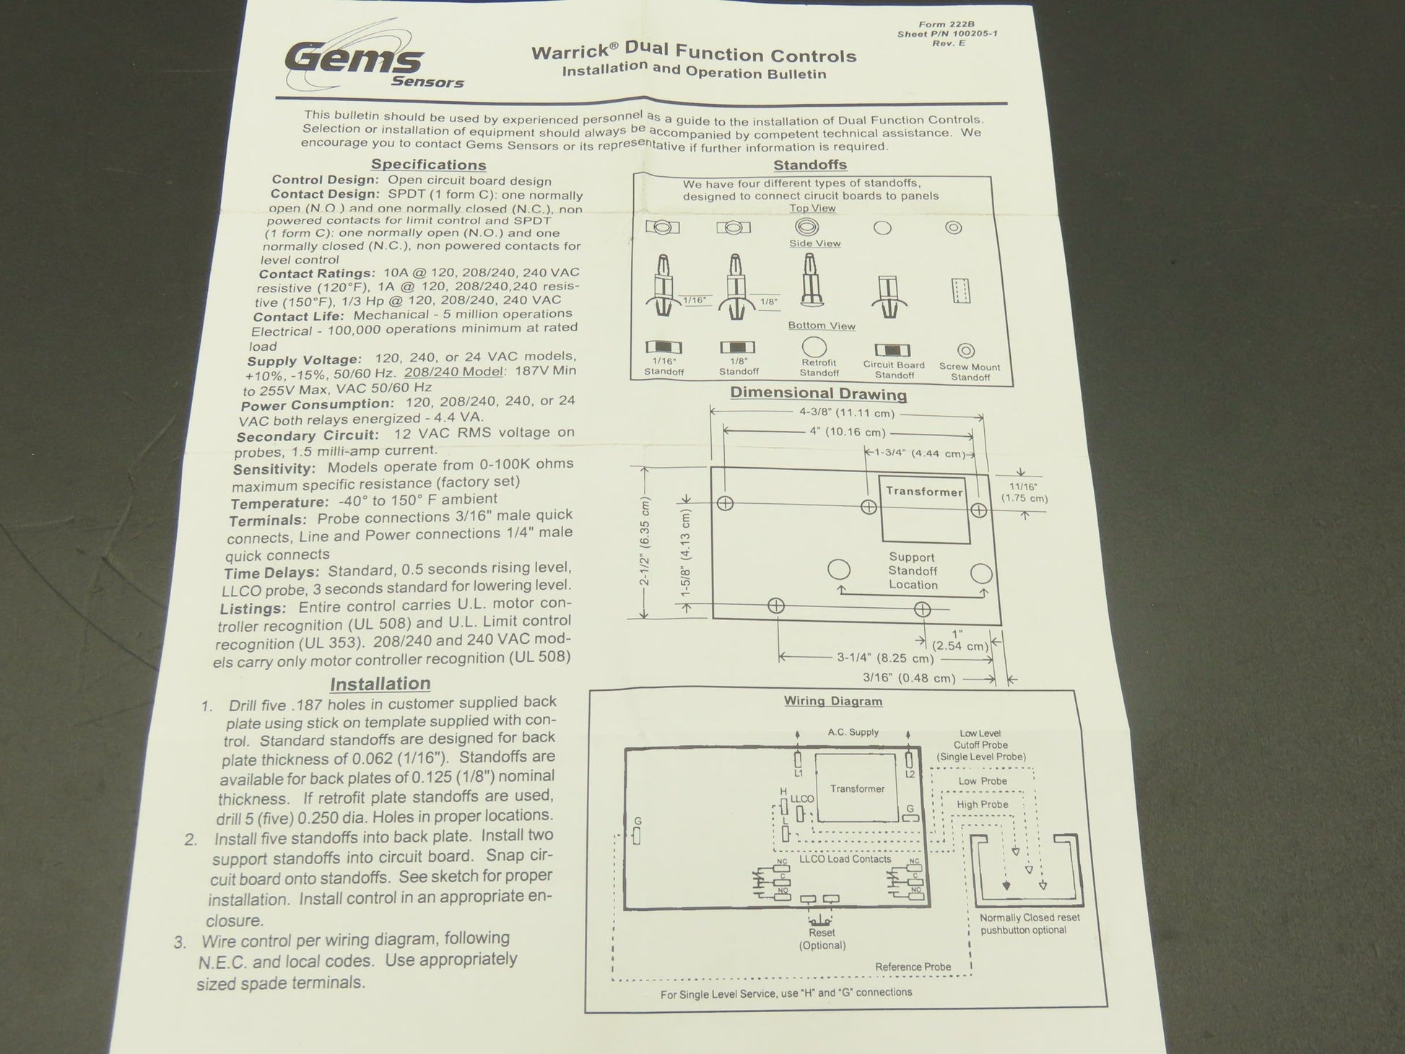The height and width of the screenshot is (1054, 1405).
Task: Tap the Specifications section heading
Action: point(429,165)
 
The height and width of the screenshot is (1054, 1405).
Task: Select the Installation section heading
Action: point(380,683)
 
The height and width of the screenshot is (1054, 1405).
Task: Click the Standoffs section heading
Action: point(810,165)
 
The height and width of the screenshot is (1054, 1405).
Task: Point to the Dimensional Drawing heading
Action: point(818,393)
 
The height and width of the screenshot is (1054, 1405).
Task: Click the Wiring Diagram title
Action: point(833,701)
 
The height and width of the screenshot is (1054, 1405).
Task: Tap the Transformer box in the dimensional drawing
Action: point(925,509)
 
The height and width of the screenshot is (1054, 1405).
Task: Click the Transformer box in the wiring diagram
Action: point(858,788)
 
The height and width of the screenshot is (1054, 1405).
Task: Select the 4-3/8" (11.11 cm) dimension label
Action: point(847,414)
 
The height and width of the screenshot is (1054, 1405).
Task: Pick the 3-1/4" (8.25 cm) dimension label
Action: point(885,658)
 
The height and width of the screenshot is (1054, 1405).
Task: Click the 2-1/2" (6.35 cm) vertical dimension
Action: point(645,542)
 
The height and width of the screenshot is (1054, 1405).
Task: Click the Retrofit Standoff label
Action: point(819,368)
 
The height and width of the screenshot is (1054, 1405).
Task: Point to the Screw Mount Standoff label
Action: point(970,372)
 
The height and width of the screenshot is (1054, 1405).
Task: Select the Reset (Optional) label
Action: point(822,939)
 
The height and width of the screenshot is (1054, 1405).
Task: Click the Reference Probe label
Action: point(913,967)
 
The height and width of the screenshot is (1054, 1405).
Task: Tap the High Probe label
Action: point(983,804)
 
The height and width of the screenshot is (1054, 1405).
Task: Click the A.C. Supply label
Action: point(853,732)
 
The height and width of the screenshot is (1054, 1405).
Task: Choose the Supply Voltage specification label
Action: point(304,360)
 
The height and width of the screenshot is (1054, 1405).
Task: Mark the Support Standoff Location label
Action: point(913,571)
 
